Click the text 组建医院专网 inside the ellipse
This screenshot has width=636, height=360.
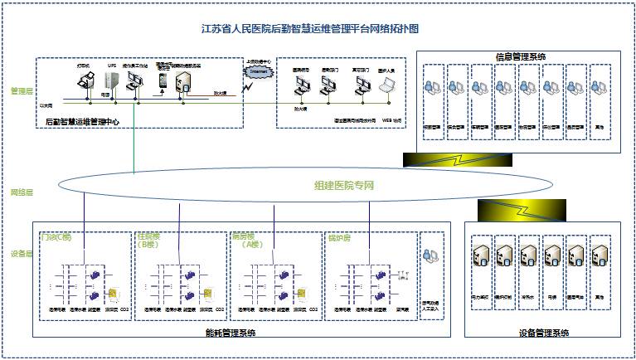point(344,185)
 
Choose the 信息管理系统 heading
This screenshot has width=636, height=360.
point(520,56)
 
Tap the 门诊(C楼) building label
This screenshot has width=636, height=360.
point(56,236)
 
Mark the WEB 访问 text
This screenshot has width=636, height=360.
point(391,120)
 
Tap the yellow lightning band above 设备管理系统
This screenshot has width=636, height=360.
point(518,209)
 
